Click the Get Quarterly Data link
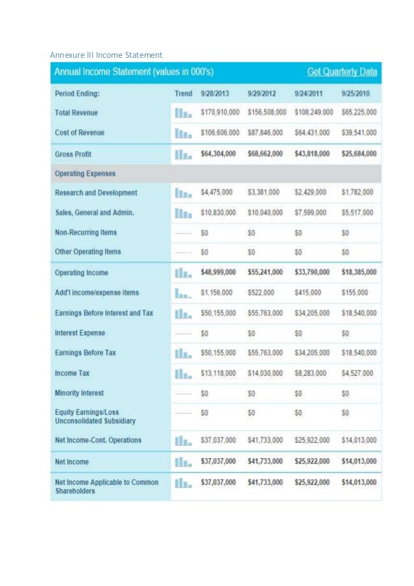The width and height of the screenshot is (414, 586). coord(342,71)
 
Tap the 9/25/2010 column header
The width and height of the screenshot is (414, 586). coord(358,93)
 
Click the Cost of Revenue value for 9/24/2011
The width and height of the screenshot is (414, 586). coord(313,132)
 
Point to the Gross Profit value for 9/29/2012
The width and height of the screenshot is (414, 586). coord(265,154)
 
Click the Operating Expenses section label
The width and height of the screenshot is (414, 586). coord(86,173)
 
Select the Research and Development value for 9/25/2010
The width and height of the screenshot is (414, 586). coord(359,193)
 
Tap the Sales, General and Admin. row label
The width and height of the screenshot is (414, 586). coord(95,212)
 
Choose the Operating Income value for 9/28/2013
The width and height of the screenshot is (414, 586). coord(218,273)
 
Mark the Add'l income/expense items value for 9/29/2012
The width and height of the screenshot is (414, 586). coord(261,293)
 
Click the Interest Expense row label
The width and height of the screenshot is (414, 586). coord(80,333)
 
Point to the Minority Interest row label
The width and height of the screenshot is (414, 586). coord(80,393)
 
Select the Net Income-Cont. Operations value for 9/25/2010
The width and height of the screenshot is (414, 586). coord(359,441)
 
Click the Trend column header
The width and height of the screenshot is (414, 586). coord(184,93)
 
